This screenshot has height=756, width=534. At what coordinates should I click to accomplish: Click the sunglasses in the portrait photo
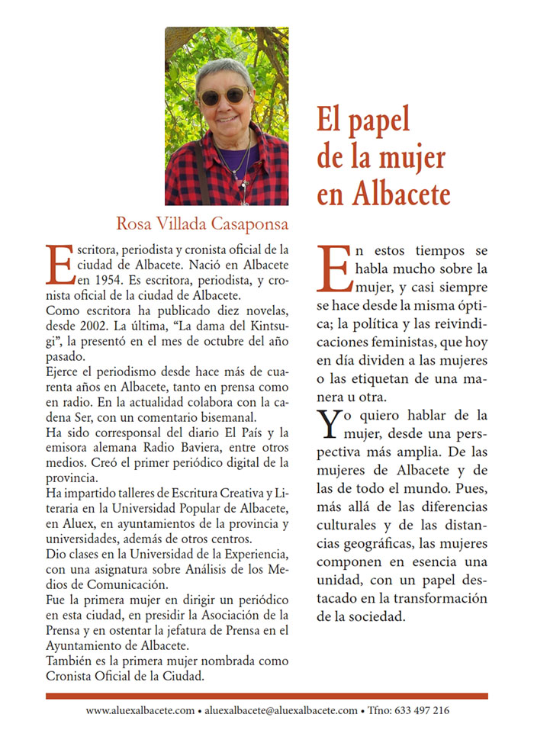(224, 96)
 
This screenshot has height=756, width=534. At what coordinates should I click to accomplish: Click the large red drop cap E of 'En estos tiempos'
(334, 270)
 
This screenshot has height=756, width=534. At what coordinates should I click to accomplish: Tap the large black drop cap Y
(328, 423)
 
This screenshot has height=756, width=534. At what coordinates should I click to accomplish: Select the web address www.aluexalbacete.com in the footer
(140, 710)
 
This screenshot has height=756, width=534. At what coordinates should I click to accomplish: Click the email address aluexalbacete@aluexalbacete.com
(281, 710)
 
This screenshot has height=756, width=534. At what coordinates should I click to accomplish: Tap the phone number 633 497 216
(422, 710)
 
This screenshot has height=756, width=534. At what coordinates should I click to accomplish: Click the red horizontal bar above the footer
(266, 696)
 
